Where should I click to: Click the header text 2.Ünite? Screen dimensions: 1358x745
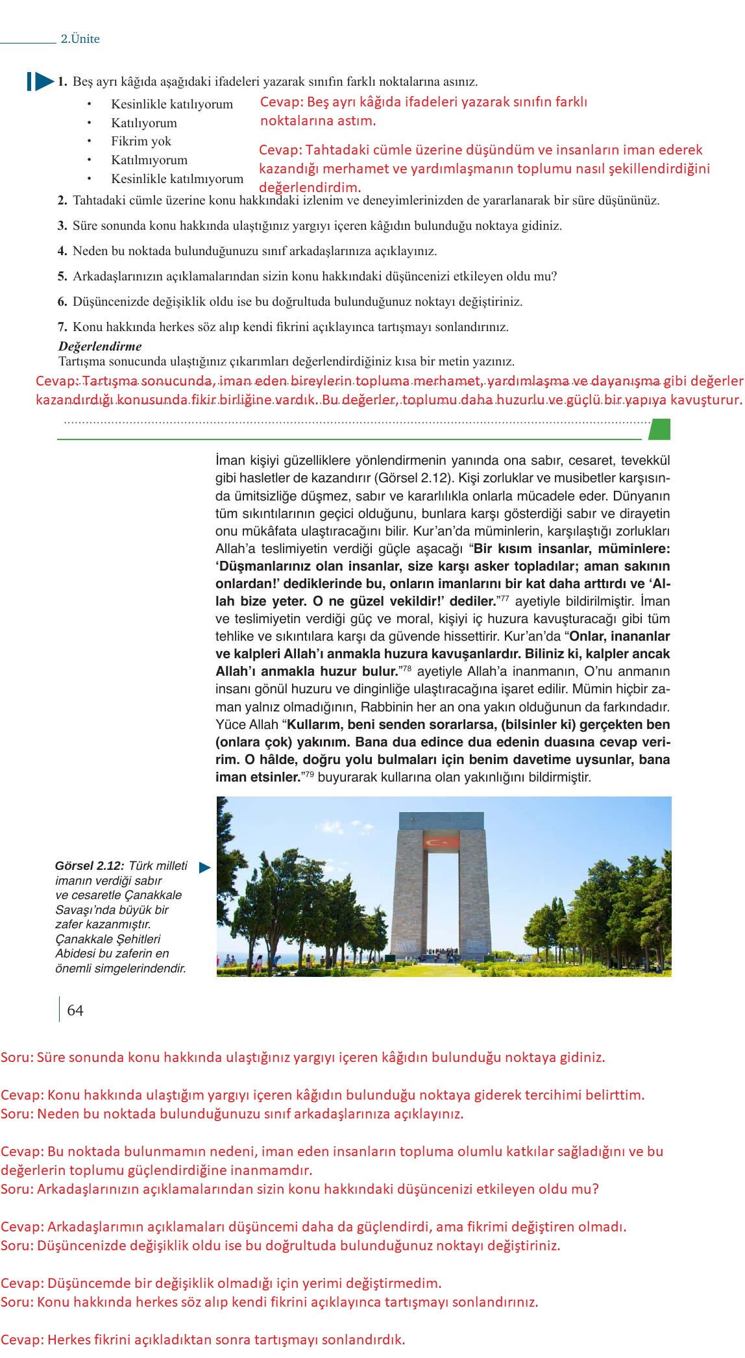80,39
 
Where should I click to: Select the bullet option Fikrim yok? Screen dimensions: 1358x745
141,142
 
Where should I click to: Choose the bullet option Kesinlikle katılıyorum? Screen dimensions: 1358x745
171,105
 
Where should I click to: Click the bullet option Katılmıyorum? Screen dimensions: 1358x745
149,160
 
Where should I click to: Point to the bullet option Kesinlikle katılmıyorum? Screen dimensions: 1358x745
177,179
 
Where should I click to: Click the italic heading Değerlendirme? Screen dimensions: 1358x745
100,346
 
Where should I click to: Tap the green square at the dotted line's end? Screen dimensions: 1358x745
659,429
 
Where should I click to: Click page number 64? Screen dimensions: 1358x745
75,1010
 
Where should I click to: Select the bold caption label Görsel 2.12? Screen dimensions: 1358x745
90,866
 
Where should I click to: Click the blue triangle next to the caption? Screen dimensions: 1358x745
204,867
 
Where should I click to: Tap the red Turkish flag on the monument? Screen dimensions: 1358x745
441,842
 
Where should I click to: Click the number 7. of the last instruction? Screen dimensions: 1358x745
62,327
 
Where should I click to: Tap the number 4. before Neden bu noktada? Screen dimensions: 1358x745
62,251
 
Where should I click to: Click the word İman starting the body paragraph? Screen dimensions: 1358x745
230,461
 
